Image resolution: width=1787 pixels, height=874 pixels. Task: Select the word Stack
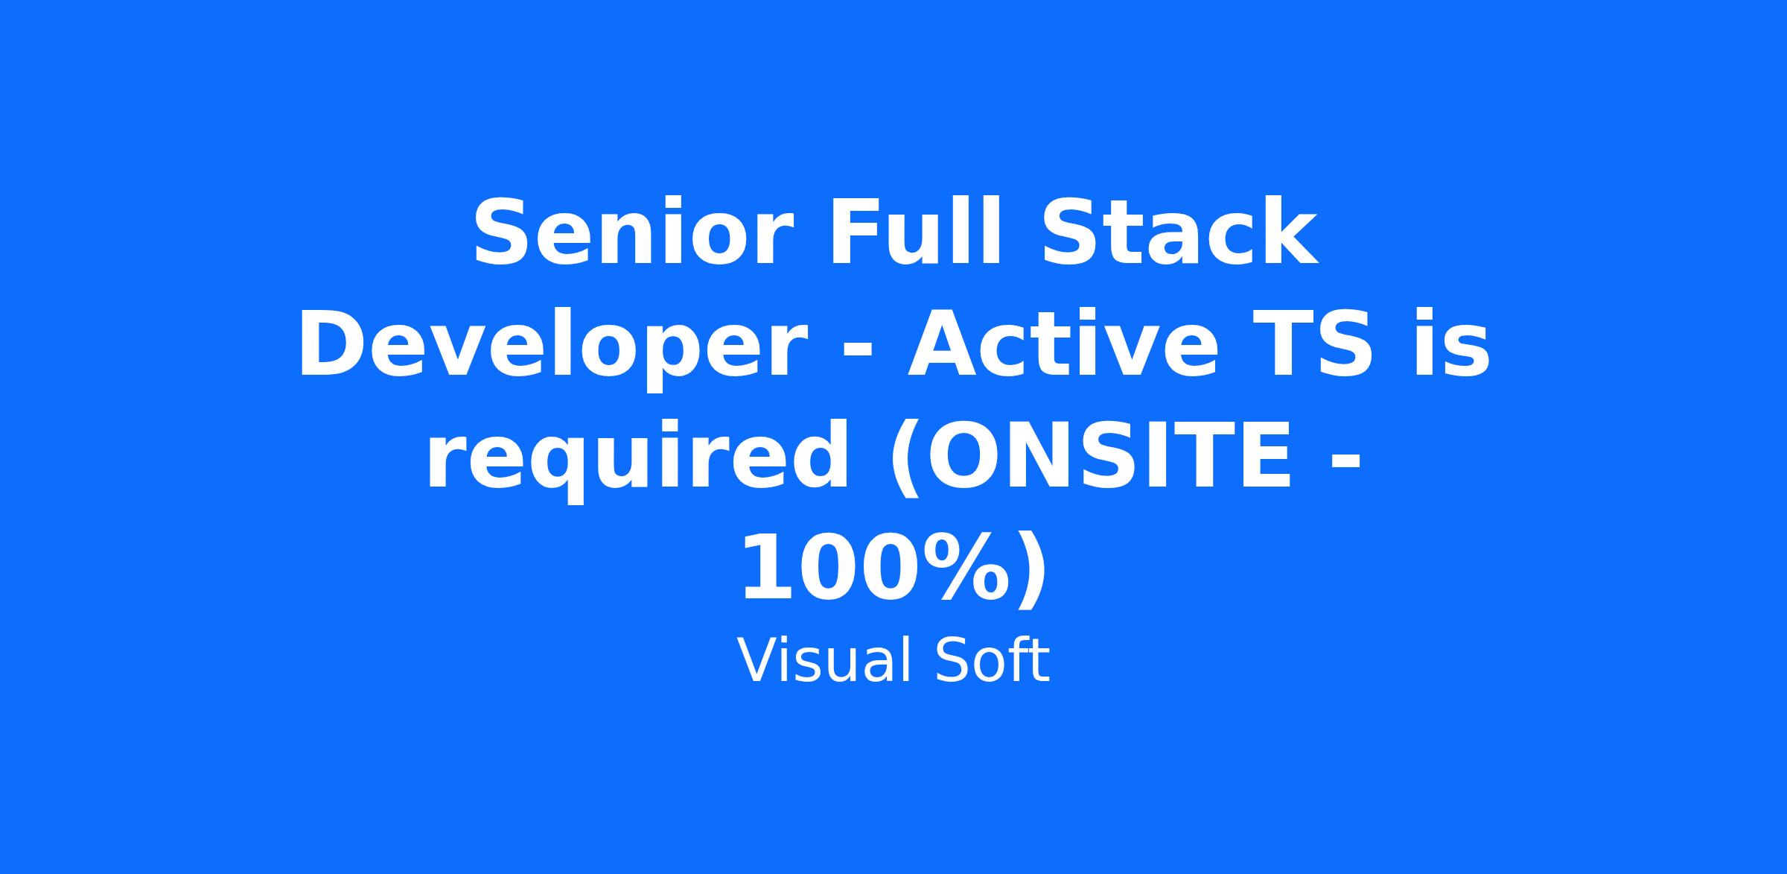point(1179,231)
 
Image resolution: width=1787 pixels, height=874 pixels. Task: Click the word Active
point(1063,343)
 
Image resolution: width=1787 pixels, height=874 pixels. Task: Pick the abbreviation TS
point(1312,344)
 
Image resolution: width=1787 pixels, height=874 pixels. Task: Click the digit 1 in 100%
point(767,568)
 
